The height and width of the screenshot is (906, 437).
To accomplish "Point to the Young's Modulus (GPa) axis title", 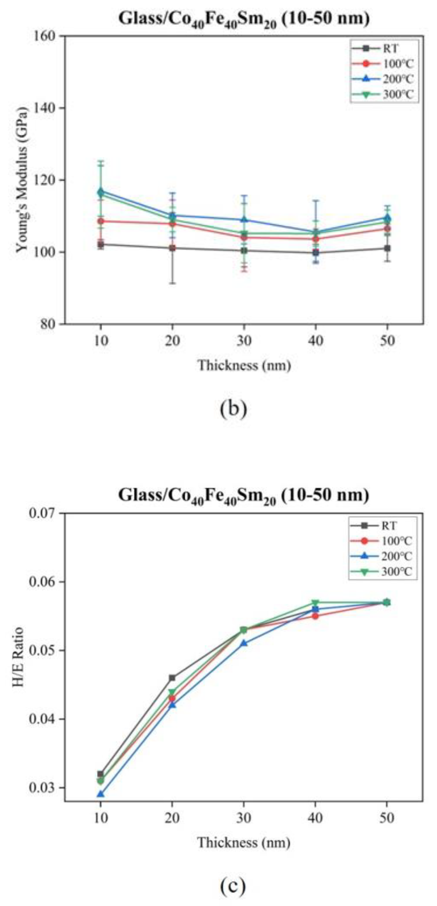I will (x=22, y=180).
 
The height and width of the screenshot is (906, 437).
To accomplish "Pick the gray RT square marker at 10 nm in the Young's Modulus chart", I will (x=101, y=244).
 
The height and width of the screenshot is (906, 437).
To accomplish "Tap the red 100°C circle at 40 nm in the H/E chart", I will (x=315, y=616).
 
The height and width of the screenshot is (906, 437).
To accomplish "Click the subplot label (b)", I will (x=234, y=408).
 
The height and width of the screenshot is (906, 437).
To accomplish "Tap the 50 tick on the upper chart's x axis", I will (x=387, y=340).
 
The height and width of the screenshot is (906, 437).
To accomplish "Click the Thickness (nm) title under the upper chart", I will (x=244, y=366).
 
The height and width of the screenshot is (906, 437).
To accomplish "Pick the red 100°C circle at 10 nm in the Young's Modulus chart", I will (x=101, y=221).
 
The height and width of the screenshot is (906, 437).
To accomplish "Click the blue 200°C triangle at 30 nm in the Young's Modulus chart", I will (x=244, y=220).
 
